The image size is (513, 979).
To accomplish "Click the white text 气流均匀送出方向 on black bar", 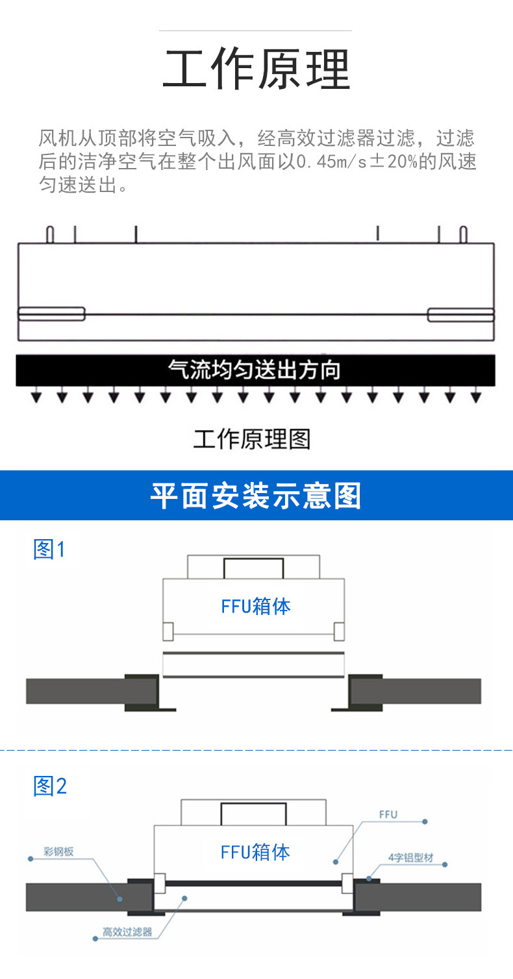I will coord(255,370).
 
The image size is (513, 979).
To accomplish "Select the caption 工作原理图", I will coord(252,439).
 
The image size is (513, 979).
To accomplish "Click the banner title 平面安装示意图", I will coord(256,496).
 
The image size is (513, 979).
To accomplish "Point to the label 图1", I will coord(49,550).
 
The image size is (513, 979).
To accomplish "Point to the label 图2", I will coord(50,786).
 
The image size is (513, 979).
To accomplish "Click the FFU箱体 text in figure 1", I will coord(256,607).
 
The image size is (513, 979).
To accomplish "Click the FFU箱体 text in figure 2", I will coord(255,852).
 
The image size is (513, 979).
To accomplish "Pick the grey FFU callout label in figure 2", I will coord(388,814).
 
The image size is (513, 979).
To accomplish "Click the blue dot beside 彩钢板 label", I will coord(31,859).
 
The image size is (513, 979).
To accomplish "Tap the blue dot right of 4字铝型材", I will coord(445,864).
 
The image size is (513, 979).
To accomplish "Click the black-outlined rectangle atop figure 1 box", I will coord(253,568).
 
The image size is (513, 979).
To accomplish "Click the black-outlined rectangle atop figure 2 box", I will coord(253,814).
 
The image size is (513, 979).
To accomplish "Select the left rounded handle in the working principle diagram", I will coord(51,314).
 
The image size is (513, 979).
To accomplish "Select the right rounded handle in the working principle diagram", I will coord(460,315).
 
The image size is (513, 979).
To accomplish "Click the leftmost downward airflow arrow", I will coord(36,397).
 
